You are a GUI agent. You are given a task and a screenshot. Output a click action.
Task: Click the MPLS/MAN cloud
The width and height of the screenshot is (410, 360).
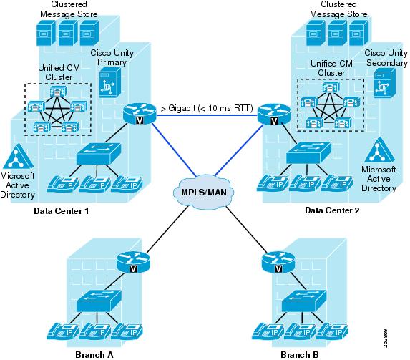tap(204, 192)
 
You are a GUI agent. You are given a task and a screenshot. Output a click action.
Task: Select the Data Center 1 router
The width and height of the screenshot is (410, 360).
tap(140, 114)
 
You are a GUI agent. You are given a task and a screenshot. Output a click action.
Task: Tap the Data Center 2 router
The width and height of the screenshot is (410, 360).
tap(274, 115)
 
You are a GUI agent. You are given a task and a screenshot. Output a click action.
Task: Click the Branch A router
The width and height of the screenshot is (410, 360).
tap(133, 262)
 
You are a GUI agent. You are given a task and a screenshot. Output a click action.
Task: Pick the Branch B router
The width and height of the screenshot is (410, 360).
tap(278, 262)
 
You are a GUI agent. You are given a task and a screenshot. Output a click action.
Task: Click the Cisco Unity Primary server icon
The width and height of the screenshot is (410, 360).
tap(110, 82)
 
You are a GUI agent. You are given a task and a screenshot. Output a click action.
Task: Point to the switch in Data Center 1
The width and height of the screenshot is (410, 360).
tap(99, 154)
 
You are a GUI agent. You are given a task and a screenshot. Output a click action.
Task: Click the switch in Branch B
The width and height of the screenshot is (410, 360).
tap(304, 301)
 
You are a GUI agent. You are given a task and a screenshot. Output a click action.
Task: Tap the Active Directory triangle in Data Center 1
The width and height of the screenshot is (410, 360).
tap(18, 157)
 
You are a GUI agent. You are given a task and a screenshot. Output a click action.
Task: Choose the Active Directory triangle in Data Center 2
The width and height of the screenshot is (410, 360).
tap(379, 151)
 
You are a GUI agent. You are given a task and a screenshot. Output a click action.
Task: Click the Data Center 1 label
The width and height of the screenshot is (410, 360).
tap(62, 211)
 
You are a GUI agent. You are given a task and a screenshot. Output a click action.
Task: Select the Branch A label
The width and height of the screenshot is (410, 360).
tap(94, 355)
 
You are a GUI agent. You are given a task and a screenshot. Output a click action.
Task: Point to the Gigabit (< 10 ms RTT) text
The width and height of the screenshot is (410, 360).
tap(207, 108)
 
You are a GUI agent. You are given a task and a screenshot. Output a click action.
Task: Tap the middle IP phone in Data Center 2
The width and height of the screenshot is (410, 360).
tap(306, 183)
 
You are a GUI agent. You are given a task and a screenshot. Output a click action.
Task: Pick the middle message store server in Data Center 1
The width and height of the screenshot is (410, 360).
tap(68, 33)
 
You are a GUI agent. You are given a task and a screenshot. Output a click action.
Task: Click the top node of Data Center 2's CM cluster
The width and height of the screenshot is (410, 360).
tap(331, 87)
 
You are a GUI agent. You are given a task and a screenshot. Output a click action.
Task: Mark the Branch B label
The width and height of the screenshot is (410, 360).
tap(300, 355)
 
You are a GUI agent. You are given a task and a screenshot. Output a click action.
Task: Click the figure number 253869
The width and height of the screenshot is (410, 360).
tap(386, 339)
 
